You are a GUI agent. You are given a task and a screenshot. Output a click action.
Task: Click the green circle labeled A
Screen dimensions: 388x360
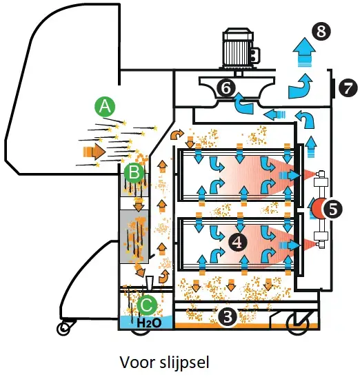click(104, 106)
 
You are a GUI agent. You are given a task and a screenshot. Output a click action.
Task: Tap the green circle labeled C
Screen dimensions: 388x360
click(146, 303)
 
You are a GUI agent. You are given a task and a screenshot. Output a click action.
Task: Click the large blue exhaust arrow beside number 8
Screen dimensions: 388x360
click(301, 52)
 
